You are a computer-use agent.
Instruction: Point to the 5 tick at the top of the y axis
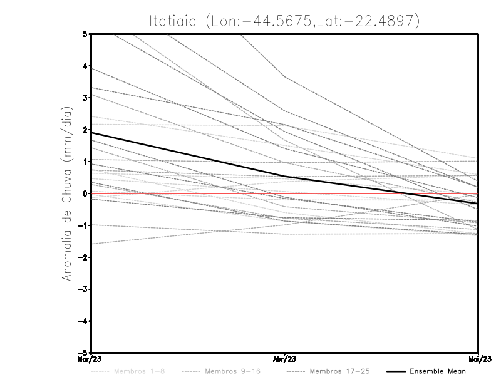point(85,34)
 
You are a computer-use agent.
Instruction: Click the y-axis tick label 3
point(85,98)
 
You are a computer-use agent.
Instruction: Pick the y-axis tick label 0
point(85,194)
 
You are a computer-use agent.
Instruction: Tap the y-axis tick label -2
point(83,257)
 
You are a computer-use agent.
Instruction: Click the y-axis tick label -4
point(83,321)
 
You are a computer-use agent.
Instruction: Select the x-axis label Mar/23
point(91,359)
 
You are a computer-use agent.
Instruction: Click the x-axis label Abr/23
point(284,359)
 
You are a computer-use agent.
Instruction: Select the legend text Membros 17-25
point(339,371)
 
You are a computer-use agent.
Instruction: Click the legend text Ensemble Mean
point(438,371)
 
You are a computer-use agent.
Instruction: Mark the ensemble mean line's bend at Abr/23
point(284,177)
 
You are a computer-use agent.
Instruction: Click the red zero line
point(188,194)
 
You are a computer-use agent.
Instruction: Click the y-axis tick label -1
point(83,225)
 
